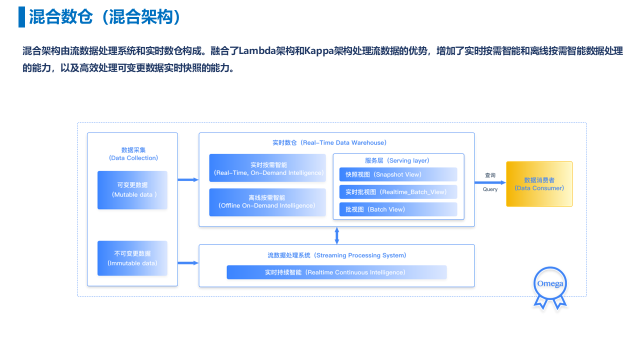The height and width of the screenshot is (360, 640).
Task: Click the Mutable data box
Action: click(x=132, y=190)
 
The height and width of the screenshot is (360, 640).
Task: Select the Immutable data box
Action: click(x=132, y=258)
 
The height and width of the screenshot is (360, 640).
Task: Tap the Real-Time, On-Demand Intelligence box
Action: click(x=267, y=168)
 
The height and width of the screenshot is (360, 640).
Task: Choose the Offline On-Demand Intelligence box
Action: click(x=267, y=202)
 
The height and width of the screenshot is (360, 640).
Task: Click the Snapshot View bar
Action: click(x=398, y=174)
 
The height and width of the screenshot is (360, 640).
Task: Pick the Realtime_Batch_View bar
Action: click(x=398, y=192)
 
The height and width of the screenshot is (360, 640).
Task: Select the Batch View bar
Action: click(x=398, y=209)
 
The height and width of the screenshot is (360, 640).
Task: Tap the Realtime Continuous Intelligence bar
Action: click(x=336, y=272)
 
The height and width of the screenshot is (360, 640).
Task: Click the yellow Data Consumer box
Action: click(x=539, y=184)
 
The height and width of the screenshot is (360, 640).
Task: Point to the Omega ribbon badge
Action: click(x=550, y=288)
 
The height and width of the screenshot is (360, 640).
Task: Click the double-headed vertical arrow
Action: click(x=337, y=235)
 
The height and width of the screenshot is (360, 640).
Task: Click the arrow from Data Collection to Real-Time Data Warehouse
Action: click(x=188, y=179)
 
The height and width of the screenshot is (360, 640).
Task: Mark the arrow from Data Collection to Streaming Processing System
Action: click(x=188, y=263)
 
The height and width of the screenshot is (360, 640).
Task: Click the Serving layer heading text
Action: click(x=397, y=160)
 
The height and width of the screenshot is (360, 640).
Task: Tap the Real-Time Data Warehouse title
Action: click(x=329, y=142)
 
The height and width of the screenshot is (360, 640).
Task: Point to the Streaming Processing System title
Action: click(x=337, y=255)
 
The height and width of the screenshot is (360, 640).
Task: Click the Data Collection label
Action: click(x=133, y=154)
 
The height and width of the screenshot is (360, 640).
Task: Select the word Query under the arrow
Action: click(x=490, y=189)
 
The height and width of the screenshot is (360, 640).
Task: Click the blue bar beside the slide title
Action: click(x=21, y=17)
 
